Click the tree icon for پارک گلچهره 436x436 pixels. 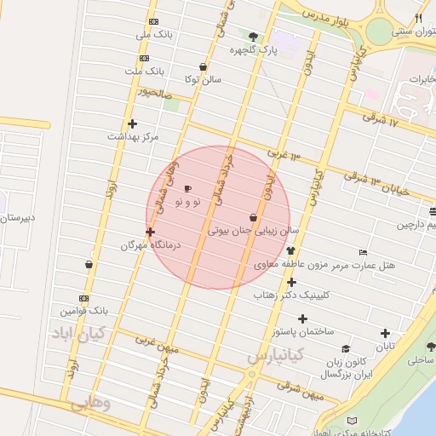(253, 36)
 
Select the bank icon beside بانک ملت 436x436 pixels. (144, 58)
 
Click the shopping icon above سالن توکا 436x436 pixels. (203, 66)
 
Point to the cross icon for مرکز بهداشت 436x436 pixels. (132, 123)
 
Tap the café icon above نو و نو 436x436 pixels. (187, 188)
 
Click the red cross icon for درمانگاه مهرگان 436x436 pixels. (151, 231)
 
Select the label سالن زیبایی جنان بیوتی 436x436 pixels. (254, 230)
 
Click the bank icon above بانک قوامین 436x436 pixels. (83, 298)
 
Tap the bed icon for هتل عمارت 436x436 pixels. (364, 253)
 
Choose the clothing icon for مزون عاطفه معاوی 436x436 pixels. (292, 251)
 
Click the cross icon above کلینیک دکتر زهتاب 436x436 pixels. (291, 282)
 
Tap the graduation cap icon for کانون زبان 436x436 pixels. (346, 349)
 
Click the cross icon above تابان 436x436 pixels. (386, 333)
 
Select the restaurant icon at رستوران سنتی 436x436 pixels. (418, 18)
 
